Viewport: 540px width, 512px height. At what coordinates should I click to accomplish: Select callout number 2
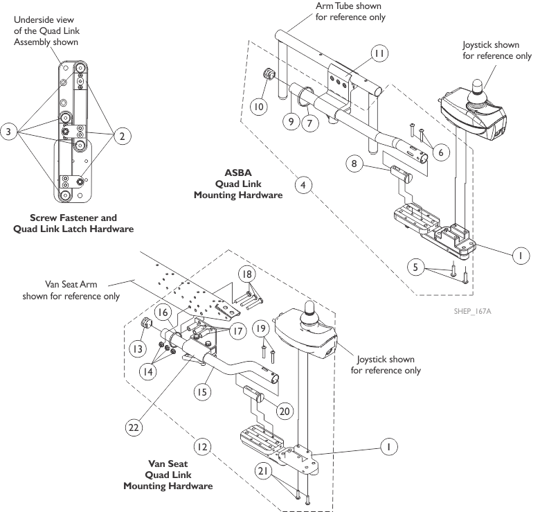pos(122,136)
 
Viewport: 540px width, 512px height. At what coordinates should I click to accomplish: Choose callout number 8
pos(354,164)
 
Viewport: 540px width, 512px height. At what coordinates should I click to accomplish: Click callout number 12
pos(201,448)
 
